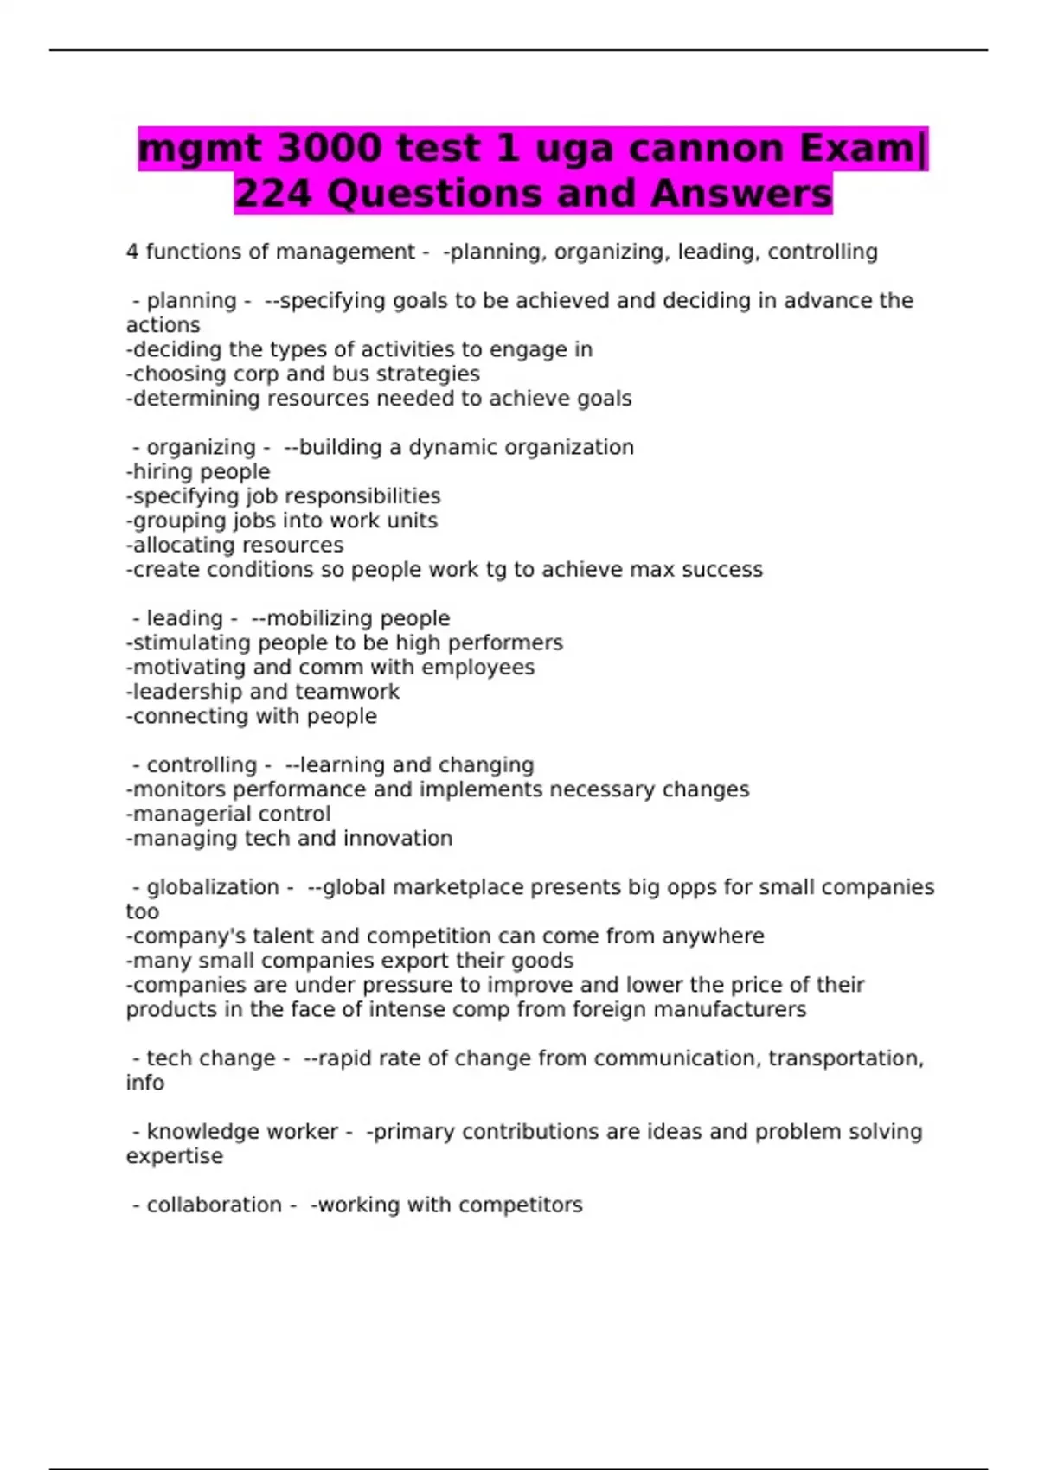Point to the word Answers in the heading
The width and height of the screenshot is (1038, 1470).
coord(741,194)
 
